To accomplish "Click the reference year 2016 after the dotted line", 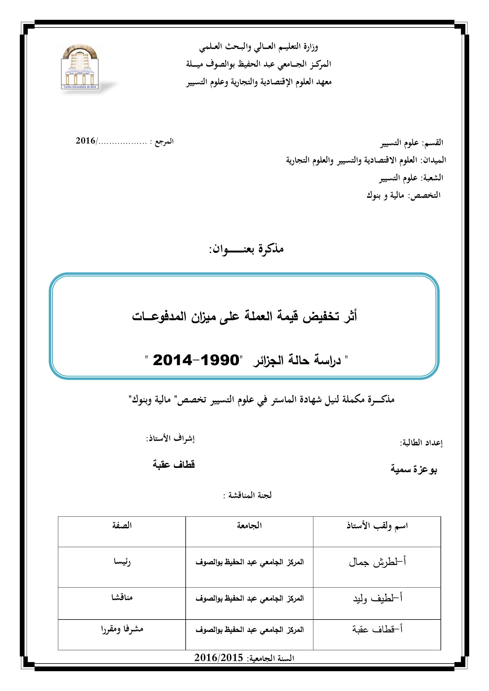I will point(85,141).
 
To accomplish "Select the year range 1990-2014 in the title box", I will point(196,360).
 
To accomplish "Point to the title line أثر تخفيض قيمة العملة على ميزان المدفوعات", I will point(244,317).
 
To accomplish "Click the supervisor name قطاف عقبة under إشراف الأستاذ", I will point(174,464).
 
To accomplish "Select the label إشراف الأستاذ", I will point(170,439).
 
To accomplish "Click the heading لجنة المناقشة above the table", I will point(247,495).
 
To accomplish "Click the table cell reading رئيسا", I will point(122,562).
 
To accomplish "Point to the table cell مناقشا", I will point(122,597).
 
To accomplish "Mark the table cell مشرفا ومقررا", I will point(122,629).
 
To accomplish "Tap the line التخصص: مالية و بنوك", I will point(403,195).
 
